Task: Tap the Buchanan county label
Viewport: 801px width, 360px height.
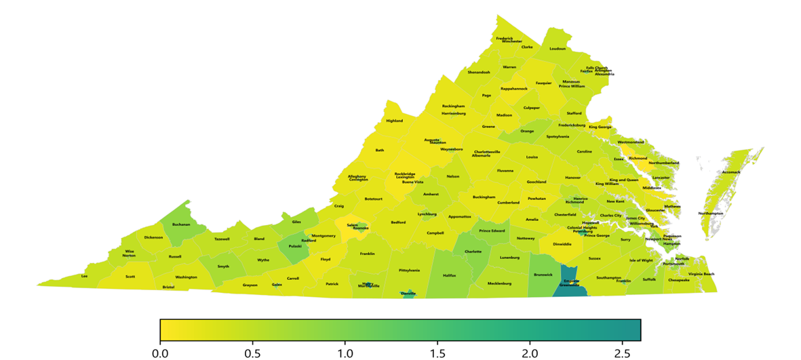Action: click(x=181, y=224)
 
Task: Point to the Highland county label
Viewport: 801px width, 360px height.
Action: click(x=394, y=121)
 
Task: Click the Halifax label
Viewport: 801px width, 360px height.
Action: click(x=450, y=275)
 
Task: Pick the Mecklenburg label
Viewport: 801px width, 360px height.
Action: click(x=499, y=283)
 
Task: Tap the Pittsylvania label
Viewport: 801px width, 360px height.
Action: click(x=410, y=270)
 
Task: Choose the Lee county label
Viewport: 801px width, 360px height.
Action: click(x=85, y=276)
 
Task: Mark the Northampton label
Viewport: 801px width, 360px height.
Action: click(x=711, y=214)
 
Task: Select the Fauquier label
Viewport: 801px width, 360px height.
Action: click(x=544, y=83)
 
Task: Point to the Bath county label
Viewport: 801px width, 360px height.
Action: click(x=380, y=150)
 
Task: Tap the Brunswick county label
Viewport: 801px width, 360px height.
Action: click(x=543, y=275)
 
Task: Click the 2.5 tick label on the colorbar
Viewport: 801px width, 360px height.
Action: click(x=623, y=353)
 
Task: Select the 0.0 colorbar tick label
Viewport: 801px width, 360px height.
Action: click(x=160, y=353)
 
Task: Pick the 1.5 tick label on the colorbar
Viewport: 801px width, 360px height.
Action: click(x=437, y=353)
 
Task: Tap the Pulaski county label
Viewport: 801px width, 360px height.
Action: click(x=296, y=246)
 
